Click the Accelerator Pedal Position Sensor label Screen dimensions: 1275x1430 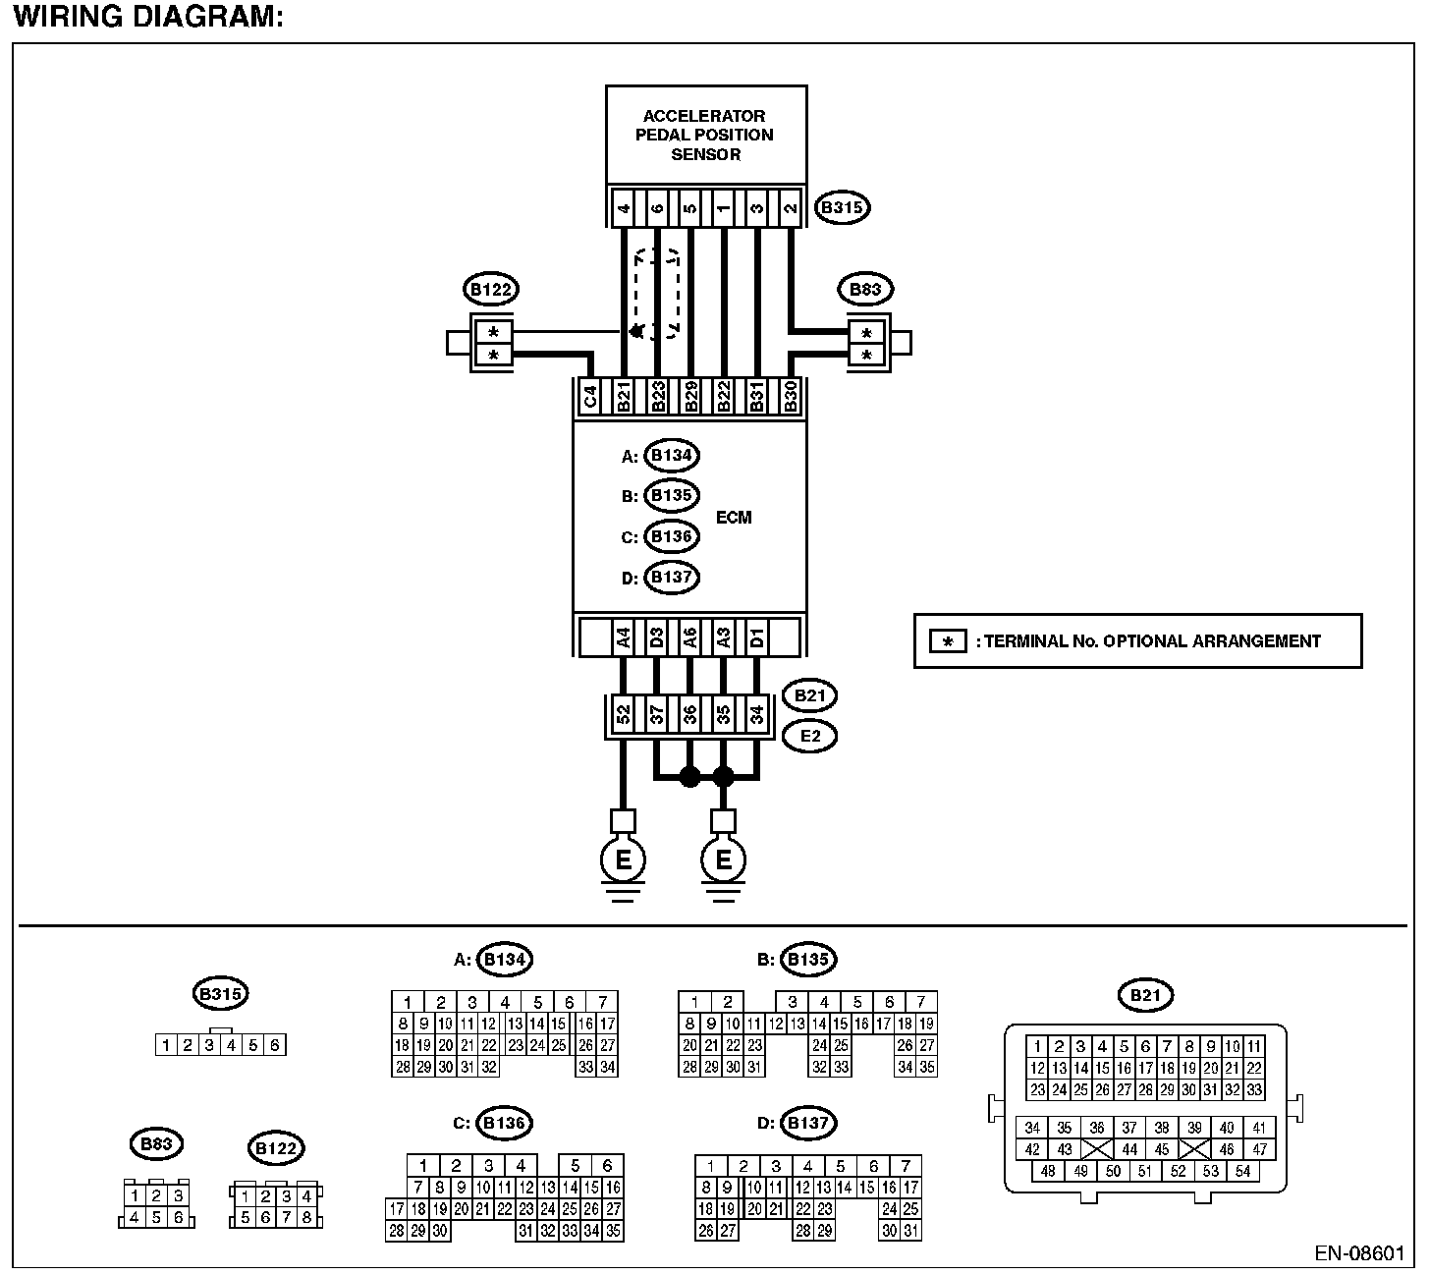(704, 135)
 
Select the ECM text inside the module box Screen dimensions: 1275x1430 (734, 518)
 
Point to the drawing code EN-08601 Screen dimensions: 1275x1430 (1360, 1254)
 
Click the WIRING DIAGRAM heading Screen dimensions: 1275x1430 (148, 17)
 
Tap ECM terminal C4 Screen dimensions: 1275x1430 (590, 398)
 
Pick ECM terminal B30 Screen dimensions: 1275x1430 (790, 398)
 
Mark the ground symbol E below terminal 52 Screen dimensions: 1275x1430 (623, 860)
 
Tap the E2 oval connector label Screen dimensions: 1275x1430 (809, 735)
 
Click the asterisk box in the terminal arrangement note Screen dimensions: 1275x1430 (948, 642)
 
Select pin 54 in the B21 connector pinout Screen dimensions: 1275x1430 (1243, 1171)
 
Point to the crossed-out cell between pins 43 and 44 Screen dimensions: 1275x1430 (1097, 1149)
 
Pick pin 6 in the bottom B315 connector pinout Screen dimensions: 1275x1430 (275, 1045)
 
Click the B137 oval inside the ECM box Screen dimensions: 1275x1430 (672, 578)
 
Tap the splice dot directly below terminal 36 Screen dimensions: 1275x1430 (689, 777)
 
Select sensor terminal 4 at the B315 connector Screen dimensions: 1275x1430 (624, 208)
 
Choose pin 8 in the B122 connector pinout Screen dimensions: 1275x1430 (307, 1218)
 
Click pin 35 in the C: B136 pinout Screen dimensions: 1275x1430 (613, 1230)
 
